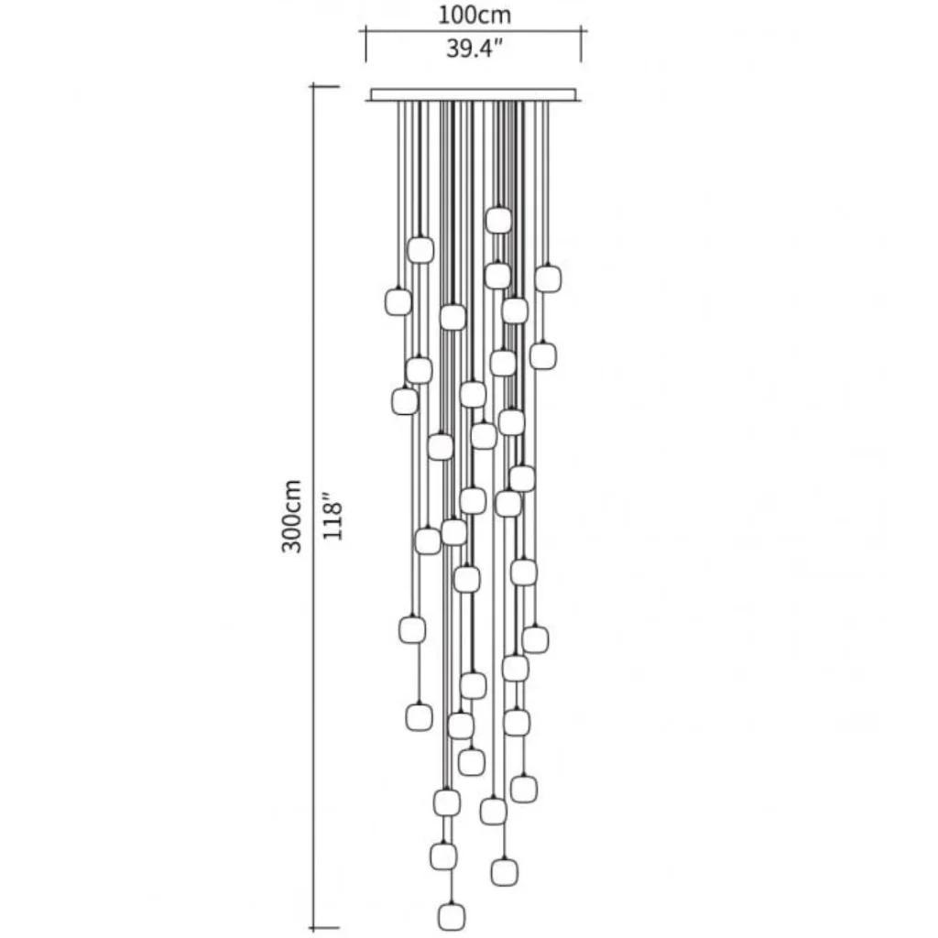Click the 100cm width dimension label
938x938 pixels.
click(474, 15)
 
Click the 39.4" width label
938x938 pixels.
click(474, 48)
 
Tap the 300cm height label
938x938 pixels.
click(292, 516)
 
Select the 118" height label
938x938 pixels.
click(332, 516)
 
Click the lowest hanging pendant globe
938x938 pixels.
click(451, 916)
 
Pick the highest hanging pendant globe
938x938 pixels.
click(498, 220)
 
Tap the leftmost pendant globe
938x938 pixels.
click(398, 301)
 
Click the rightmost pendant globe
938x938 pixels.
click(548, 278)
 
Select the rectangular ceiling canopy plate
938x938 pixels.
click(474, 94)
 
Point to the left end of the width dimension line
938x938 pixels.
click(366, 30)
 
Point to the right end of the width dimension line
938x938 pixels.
click(581, 30)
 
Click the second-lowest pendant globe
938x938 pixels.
click(505, 872)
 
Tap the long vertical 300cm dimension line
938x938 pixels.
click(313, 507)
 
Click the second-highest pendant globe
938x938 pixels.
click(420, 250)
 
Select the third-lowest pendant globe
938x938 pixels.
click(443, 856)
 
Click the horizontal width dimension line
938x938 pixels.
click(474, 30)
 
